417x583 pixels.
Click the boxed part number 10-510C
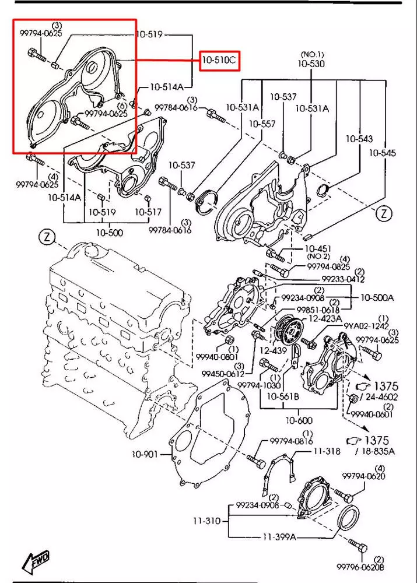tap(220, 60)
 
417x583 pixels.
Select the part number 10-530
tap(312, 63)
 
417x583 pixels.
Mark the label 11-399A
tap(279, 536)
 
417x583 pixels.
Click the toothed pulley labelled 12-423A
tap(287, 330)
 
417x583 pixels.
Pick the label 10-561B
tap(282, 397)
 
